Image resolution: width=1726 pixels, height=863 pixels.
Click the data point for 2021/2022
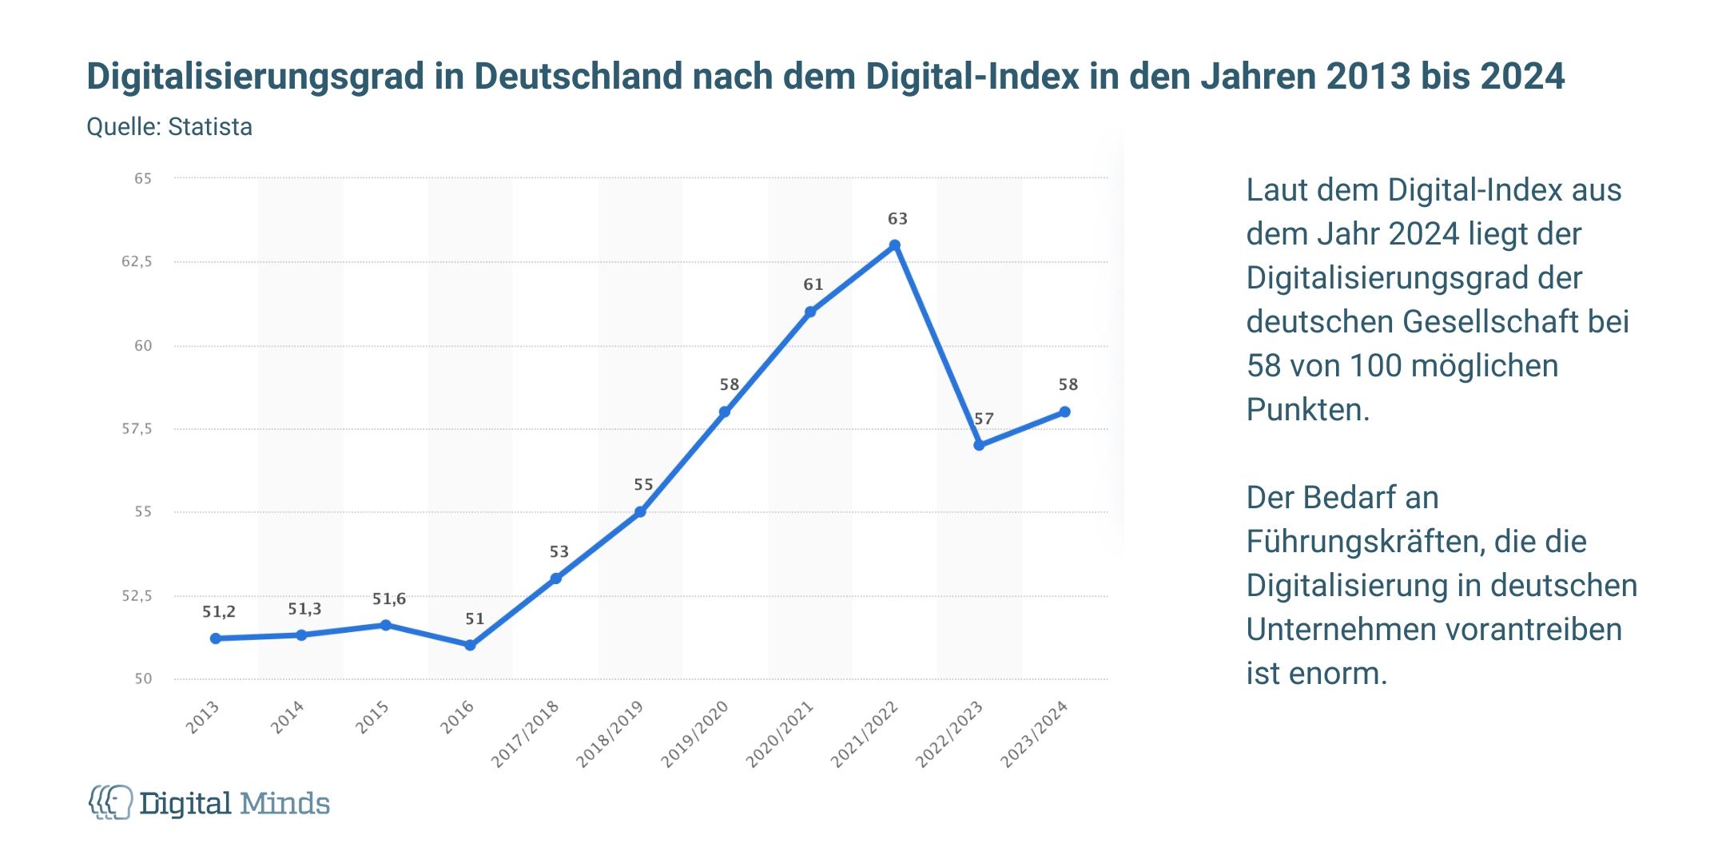click(895, 245)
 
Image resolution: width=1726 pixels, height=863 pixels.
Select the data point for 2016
click(470, 645)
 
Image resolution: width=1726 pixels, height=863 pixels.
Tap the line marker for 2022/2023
click(979, 445)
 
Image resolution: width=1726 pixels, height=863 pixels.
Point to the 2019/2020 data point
click(725, 412)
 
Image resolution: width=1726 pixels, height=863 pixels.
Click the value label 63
click(897, 219)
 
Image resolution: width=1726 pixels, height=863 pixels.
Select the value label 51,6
click(389, 599)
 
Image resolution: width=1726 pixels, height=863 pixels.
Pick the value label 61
click(813, 284)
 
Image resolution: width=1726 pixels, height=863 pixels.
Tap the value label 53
click(559, 552)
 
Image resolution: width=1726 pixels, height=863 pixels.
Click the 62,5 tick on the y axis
click(137, 262)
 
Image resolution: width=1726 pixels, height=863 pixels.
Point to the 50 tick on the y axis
click(143, 678)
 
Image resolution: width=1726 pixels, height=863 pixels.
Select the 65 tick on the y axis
click(143, 179)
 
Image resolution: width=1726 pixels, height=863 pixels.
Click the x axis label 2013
click(203, 717)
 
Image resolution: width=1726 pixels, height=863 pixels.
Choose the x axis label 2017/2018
click(525, 734)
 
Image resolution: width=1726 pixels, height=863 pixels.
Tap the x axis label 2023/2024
click(1034, 734)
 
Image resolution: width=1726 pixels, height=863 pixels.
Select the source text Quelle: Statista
click(169, 127)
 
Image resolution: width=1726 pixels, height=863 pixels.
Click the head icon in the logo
click(111, 801)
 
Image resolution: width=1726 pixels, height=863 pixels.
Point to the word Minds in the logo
click(284, 803)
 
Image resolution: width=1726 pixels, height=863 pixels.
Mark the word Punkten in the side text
click(1307, 410)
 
